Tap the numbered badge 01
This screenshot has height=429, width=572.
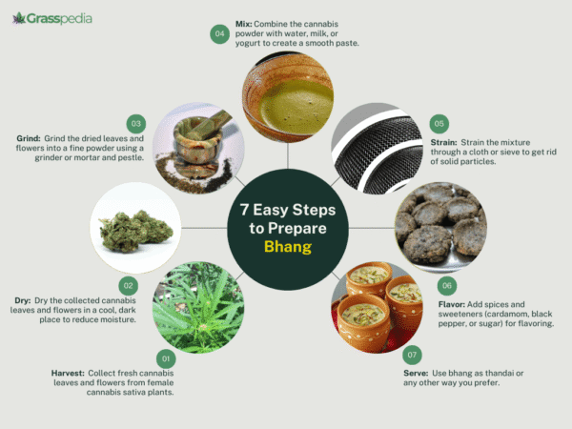(167, 358)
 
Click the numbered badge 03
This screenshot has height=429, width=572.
(136, 123)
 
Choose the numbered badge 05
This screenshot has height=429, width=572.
(439, 124)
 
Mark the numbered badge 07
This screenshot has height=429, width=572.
(410, 359)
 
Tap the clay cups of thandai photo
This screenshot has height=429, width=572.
(376, 304)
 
